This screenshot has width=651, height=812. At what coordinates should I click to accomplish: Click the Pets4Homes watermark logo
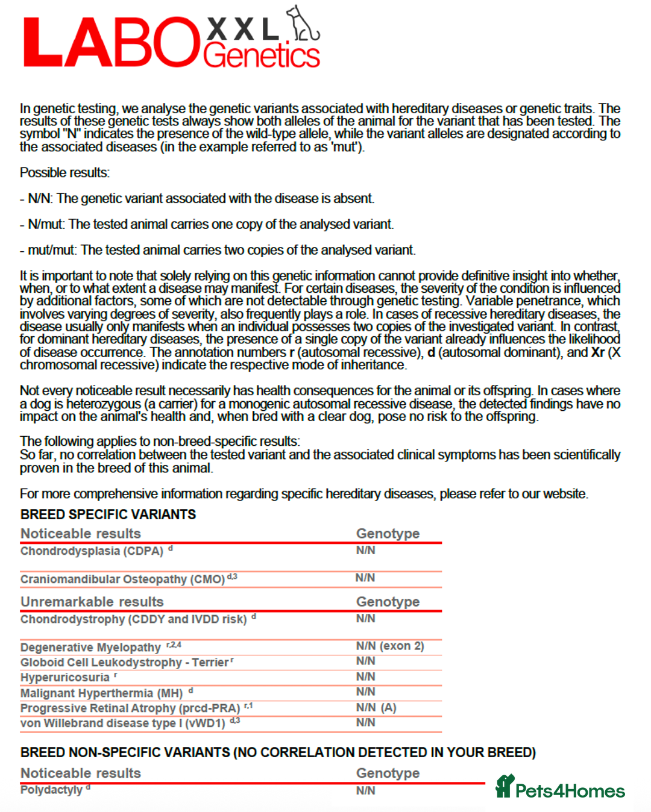[561, 788]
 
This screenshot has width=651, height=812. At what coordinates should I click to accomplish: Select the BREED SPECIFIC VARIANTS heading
[108, 514]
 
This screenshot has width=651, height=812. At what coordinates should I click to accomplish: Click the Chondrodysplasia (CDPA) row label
[92, 551]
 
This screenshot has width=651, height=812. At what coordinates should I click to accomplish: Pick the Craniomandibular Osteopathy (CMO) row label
[123, 579]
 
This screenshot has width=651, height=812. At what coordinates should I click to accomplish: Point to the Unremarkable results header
[92, 602]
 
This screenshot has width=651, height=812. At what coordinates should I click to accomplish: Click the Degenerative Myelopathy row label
[91, 647]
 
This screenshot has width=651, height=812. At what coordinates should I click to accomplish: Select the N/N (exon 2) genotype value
[390, 646]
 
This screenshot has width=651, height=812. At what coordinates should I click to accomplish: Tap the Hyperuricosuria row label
[65, 677]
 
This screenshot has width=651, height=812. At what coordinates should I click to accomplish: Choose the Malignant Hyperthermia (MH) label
[101, 693]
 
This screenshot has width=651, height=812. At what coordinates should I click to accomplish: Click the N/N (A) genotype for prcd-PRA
[376, 707]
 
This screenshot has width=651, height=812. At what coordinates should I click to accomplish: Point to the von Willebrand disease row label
[123, 723]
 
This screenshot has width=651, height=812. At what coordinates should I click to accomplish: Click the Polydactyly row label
[51, 790]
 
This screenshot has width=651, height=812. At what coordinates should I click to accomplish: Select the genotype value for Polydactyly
[366, 790]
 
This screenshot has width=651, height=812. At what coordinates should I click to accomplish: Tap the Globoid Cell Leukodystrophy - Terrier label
[124, 662]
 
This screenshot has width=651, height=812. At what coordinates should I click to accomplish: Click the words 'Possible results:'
[64, 173]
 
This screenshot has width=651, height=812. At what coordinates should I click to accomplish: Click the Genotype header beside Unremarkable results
[388, 602]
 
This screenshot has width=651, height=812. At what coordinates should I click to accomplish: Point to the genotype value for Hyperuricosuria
[366, 676]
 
